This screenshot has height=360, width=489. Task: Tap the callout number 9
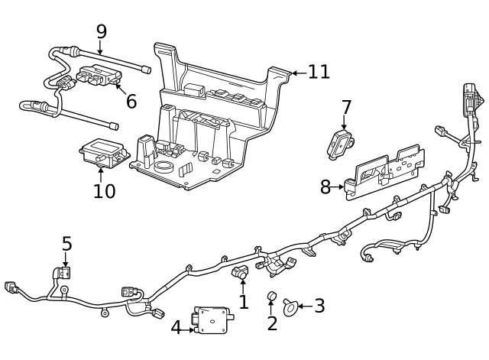click(x=101, y=31)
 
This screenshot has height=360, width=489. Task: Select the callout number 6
click(x=131, y=101)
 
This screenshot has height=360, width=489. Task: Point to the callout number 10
click(x=104, y=190)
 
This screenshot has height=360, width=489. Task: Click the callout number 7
click(x=346, y=107)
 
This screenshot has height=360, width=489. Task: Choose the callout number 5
click(x=66, y=244)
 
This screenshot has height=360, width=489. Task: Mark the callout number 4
click(x=176, y=328)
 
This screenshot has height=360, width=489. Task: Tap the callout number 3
click(x=319, y=306)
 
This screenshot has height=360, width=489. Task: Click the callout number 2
click(x=272, y=323)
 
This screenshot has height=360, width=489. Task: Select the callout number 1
click(x=243, y=302)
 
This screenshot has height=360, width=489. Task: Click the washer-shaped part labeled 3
click(x=290, y=306)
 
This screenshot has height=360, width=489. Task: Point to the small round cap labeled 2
click(x=270, y=297)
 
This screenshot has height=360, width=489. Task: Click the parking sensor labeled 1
click(x=240, y=272)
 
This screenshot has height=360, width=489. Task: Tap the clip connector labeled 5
click(x=64, y=274)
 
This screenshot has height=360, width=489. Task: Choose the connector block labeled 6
click(x=97, y=77)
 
